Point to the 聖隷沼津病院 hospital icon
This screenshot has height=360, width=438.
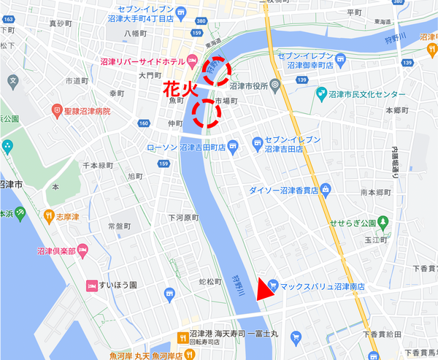tap(56, 111)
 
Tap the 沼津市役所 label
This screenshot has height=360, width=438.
tap(247, 85)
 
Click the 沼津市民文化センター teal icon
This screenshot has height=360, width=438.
tap(322, 95)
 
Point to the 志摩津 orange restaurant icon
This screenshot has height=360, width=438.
tap(49, 215)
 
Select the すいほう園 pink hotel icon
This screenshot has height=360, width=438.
tap(92, 285)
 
